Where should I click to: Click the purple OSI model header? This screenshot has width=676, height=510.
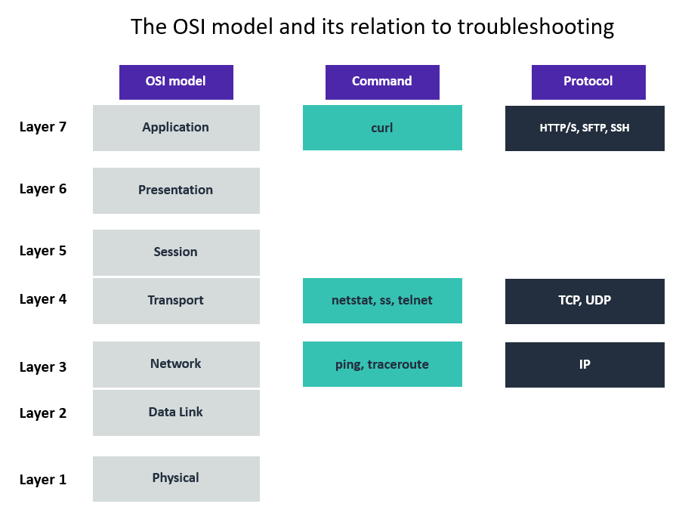pos(176,82)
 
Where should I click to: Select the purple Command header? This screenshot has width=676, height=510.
pos(382,82)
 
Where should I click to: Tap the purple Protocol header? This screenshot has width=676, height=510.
pos(588,82)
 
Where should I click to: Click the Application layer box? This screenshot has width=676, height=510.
pos(176,128)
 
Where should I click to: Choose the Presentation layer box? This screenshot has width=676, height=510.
pos(176,190)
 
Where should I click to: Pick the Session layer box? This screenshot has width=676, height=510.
pos(176,252)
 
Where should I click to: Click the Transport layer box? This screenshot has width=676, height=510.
pos(176,301)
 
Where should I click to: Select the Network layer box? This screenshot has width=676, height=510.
pos(176,364)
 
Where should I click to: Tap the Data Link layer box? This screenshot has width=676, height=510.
pos(176,413)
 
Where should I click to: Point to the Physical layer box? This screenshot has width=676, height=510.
pos(176,478)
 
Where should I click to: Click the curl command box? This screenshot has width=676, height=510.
pos(382,128)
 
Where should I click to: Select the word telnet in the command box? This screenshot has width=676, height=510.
pos(415,301)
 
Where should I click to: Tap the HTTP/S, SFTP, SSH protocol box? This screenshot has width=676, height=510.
pos(585,128)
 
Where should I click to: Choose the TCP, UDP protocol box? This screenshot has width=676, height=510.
pos(585,301)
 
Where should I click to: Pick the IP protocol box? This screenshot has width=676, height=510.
pos(585,364)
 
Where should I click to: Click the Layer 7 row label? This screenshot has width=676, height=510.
pos(43,127)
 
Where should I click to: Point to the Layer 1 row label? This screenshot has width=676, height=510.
pos(43,480)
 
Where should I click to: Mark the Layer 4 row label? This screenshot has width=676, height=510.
pos(43,299)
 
